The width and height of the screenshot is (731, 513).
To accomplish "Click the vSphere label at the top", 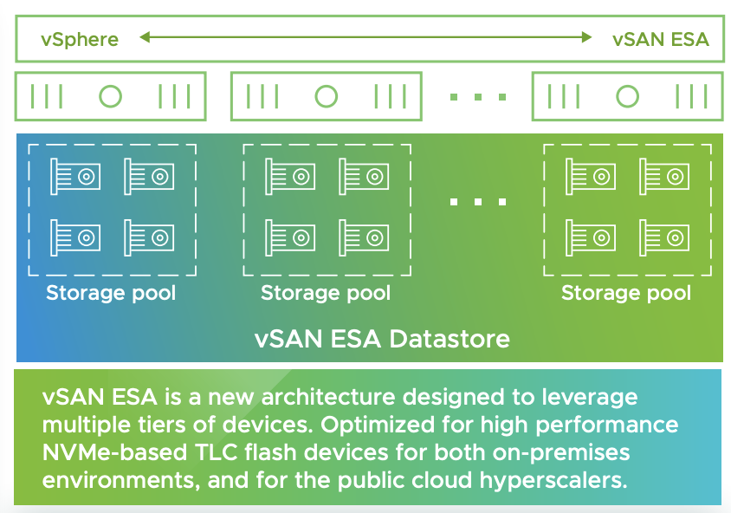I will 80,39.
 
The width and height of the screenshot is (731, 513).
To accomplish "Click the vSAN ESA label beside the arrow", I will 660,39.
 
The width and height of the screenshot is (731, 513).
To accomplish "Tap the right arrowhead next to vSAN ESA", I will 586,37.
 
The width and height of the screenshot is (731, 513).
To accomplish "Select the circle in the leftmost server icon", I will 111,96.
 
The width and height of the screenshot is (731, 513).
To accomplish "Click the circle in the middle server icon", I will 326,96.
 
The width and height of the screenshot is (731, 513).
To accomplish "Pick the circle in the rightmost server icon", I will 627,96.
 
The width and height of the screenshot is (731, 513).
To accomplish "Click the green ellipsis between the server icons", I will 477,97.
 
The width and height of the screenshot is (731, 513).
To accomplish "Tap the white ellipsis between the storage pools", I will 477,202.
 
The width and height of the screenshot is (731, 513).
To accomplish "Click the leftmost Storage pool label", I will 111,293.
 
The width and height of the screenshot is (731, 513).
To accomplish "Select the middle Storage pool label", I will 326,293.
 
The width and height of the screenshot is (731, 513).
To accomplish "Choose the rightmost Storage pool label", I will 626,293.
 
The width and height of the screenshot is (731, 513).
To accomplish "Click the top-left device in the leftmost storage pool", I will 74,176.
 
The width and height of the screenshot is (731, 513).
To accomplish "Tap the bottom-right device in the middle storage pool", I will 363,235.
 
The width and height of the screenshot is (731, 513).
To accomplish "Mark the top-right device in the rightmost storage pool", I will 664,176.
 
